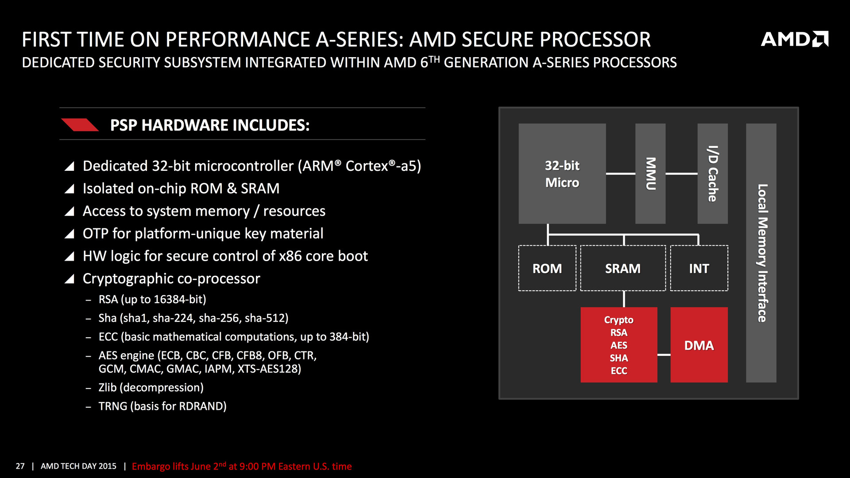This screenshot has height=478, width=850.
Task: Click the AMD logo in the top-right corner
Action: [794, 39]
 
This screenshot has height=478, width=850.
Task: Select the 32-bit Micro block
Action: [562, 173]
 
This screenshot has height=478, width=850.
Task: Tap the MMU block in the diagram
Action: [650, 173]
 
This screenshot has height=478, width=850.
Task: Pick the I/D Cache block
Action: [712, 173]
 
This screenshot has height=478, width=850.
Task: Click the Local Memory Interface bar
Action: [761, 253]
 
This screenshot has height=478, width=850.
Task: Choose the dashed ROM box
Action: [547, 268]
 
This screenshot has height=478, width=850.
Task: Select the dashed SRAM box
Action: [622, 268]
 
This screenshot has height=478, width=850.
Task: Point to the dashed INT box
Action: [699, 268]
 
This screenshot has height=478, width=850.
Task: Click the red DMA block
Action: [699, 345]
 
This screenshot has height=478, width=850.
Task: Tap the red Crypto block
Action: [618, 345]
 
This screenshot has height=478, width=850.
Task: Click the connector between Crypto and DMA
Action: [664, 355]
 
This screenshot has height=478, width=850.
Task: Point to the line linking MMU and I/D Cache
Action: [681, 173]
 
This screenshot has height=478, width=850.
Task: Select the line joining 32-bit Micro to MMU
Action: [620, 173]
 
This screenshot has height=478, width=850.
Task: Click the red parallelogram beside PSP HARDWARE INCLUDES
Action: [80, 125]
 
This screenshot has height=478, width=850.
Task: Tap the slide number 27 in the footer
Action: [20, 466]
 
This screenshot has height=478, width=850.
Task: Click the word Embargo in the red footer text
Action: [151, 466]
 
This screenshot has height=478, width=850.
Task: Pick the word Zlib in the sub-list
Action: [108, 388]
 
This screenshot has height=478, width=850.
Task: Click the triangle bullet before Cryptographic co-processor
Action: [70, 279]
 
